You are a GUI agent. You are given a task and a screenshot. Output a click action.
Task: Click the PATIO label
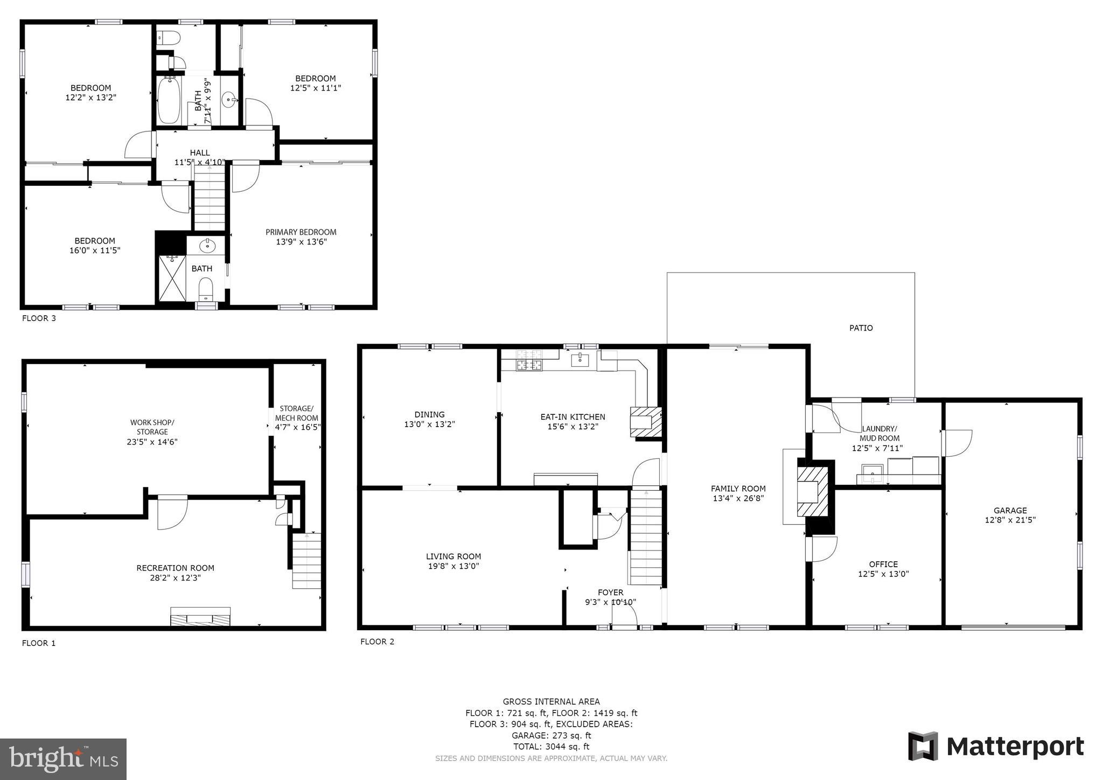[x=861, y=328]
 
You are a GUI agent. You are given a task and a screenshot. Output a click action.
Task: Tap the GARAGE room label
[x=1010, y=510]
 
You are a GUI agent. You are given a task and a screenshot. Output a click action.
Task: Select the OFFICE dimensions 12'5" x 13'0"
[x=883, y=574]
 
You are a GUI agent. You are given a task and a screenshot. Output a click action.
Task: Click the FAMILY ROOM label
[x=738, y=489]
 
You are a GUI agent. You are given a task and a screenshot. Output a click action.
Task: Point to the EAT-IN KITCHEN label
[x=573, y=416]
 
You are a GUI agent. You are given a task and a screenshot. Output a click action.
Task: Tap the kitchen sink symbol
[x=580, y=359]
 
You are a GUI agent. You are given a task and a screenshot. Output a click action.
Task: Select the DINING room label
[x=429, y=414]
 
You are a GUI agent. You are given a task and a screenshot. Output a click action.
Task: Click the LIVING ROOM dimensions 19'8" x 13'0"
[x=453, y=566]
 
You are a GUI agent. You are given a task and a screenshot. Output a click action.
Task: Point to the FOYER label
[x=610, y=593]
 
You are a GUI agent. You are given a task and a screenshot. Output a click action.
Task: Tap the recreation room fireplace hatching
[x=200, y=617]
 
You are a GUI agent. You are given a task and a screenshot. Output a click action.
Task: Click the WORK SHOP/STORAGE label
[x=152, y=427]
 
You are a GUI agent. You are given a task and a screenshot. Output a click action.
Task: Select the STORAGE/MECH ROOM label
[x=296, y=413]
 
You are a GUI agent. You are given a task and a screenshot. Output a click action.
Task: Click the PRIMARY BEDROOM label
[x=301, y=232]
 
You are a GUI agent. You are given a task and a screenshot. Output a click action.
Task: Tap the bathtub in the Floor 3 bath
[x=169, y=101]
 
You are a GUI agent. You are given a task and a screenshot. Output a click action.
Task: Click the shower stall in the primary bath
[x=172, y=278]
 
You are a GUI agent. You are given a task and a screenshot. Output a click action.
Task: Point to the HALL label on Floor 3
[x=200, y=153]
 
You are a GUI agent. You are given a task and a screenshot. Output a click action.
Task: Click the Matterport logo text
[x=1015, y=747]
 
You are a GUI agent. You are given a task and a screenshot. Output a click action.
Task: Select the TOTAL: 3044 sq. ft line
[x=551, y=747]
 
